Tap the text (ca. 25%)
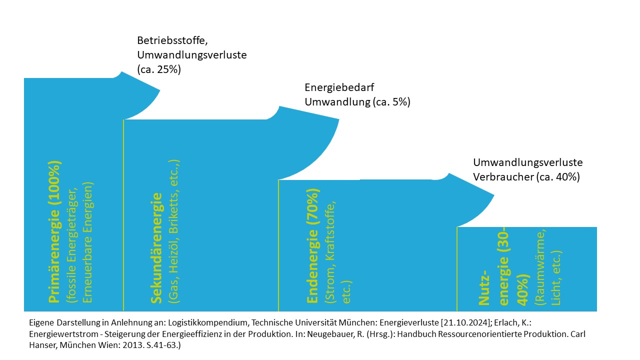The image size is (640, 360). (x=159, y=69)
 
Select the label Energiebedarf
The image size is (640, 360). (x=339, y=87)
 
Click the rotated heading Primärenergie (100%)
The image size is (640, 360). (x=54, y=232)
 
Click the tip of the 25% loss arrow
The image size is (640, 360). (x=159, y=90)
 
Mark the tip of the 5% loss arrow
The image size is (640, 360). (x=339, y=119)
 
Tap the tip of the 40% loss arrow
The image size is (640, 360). (x=494, y=195)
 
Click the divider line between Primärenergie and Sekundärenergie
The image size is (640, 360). (x=123, y=215)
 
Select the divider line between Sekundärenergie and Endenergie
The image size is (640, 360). (x=278, y=245)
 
